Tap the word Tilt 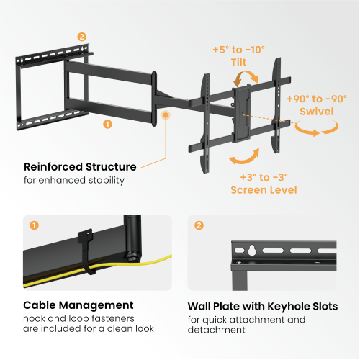pyautogui.click(x=238, y=62)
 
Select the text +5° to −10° pyautogui.click(x=238, y=50)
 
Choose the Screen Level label pyautogui.click(x=264, y=190)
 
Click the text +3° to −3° pyautogui.click(x=264, y=177)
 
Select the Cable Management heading pyautogui.click(x=78, y=305)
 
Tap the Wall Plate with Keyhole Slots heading pyautogui.click(x=262, y=306)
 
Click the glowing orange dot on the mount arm pyautogui.click(x=166, y=114)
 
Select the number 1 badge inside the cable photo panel pyautogui.click(x=34, y=225)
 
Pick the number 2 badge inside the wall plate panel pyautogui.click(x=199, y=225)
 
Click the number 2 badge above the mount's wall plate pyautogui.click(x=81, y=37)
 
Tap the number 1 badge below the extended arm pyautogui.click(x=108, y=124)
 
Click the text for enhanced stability pyautogui.click(x=73, y=180)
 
